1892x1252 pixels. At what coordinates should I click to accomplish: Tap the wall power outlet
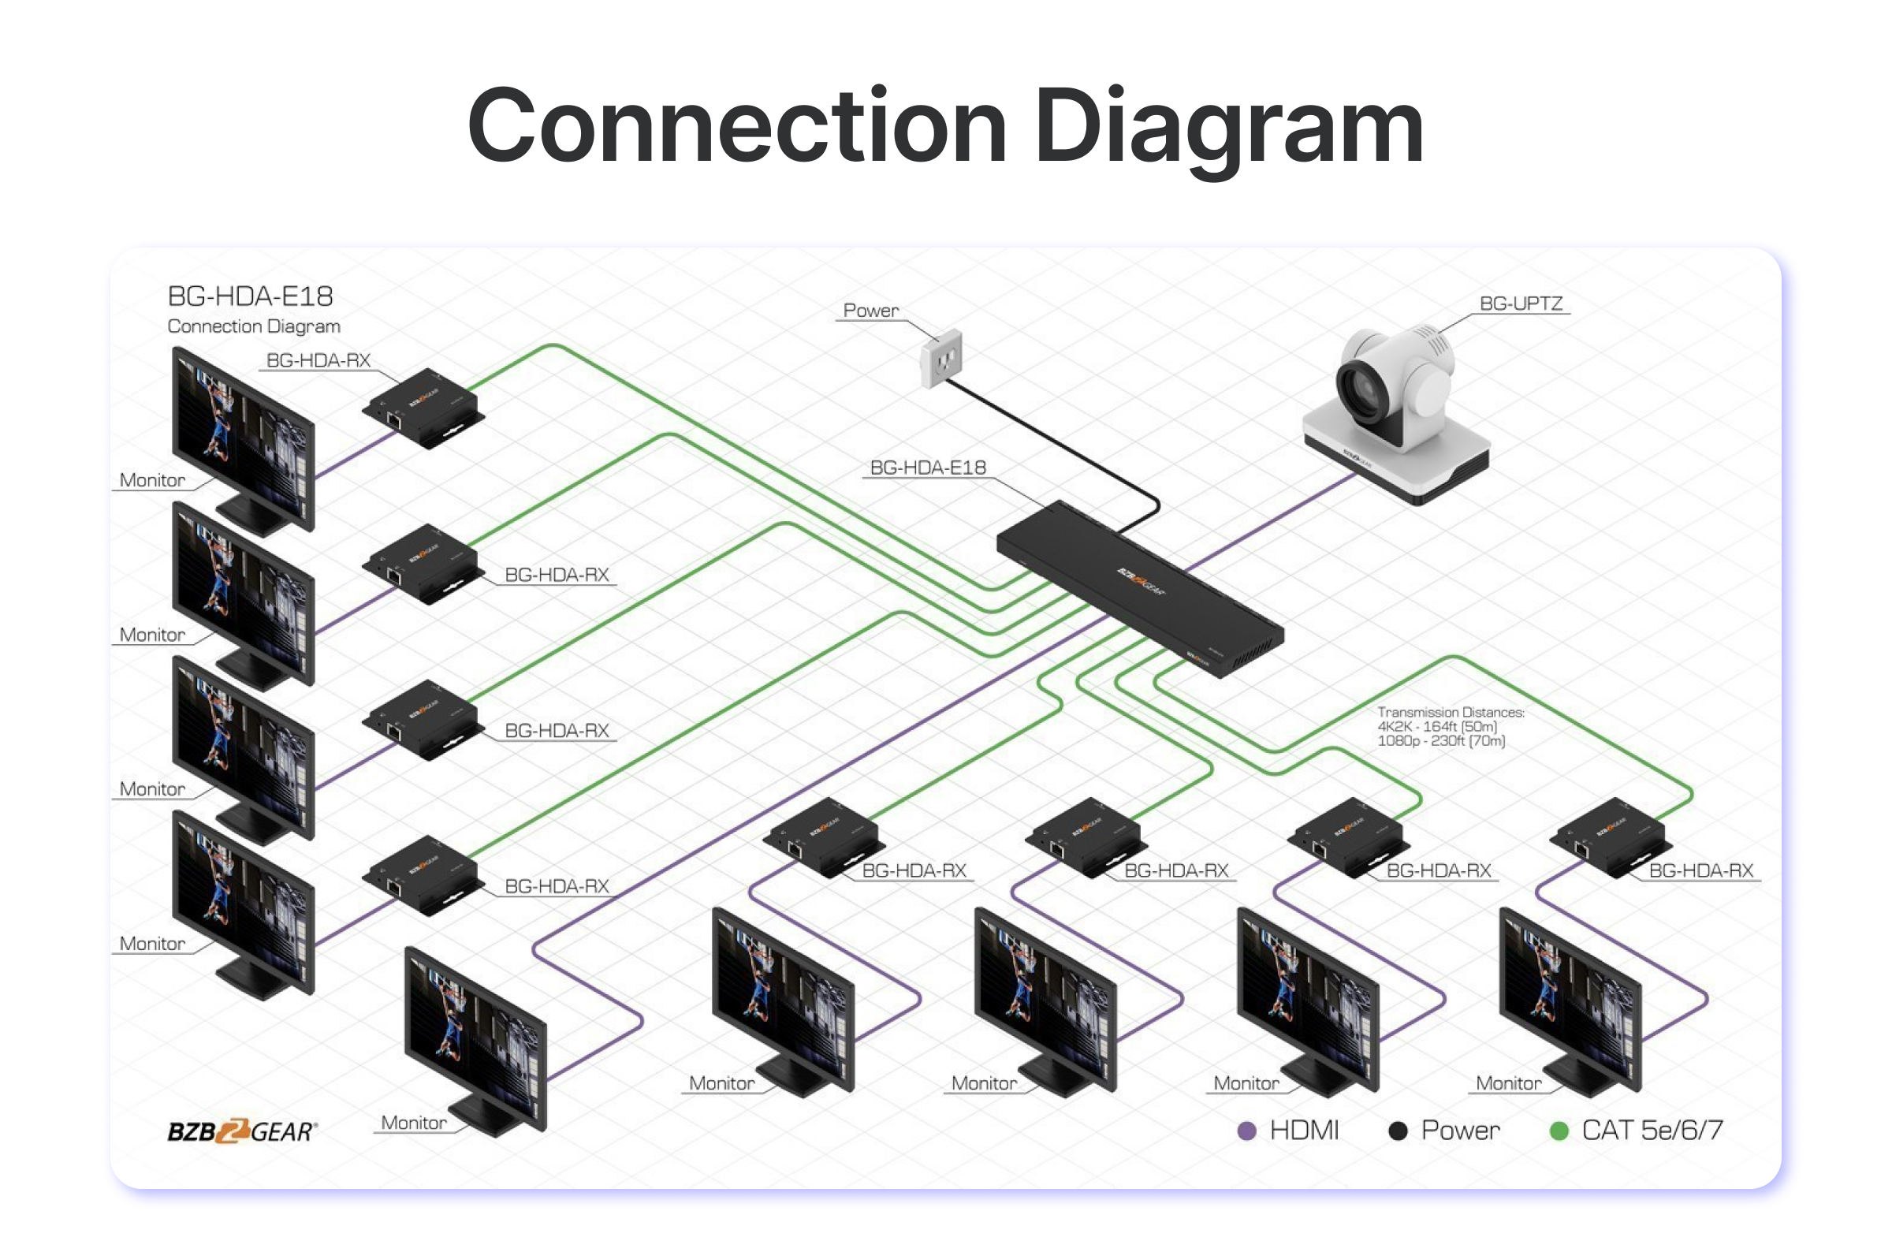point(942,360)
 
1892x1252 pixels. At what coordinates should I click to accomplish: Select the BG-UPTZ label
point(1520,304)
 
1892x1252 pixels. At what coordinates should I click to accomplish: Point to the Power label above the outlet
point(870,311)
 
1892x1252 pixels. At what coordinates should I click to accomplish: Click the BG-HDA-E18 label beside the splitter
point(928,467)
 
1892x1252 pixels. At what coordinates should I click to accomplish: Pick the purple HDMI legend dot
point(1246,1131)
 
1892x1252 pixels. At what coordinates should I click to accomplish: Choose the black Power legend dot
point(1398,1131)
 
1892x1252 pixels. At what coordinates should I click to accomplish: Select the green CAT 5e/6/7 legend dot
point(1559,1131)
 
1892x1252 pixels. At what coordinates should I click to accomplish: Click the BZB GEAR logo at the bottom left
point(242,1131)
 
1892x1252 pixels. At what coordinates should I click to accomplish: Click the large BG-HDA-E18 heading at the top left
point(250,296)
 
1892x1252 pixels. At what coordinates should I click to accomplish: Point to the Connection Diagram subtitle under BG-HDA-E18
point(254,326)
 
